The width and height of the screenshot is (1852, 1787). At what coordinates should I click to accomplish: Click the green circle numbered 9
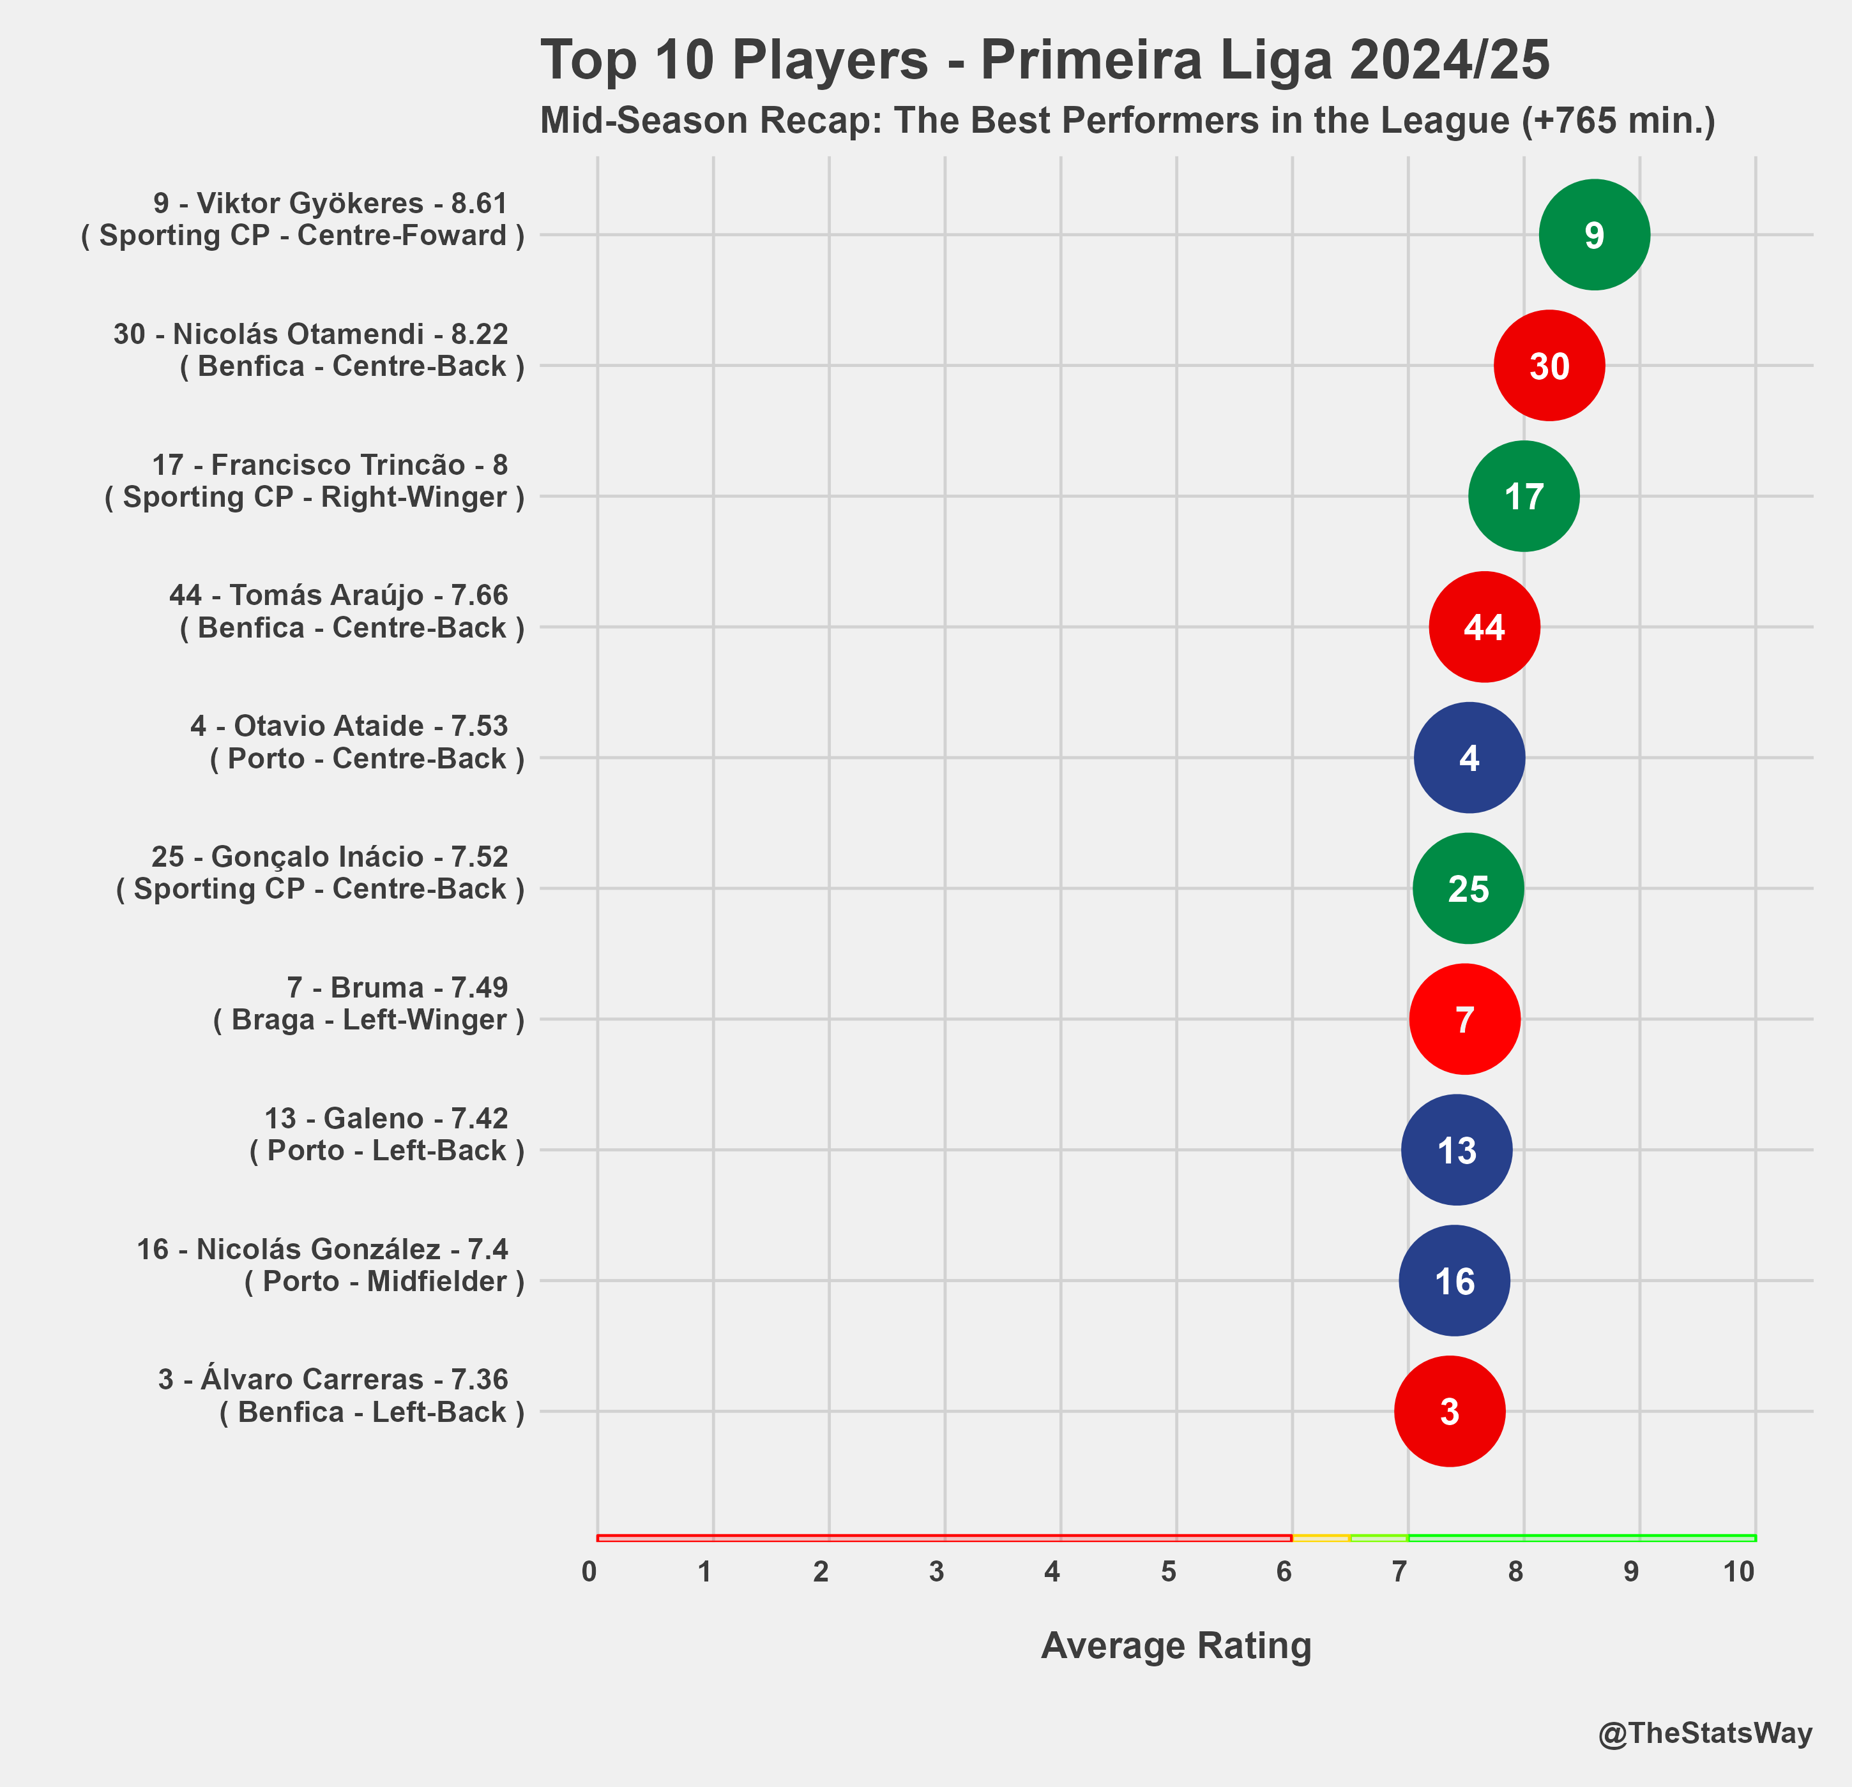(1594, 235)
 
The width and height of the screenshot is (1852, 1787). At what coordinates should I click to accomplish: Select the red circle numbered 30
(1549, 366)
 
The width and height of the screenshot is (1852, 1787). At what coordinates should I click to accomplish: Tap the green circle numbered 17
(1523, 496)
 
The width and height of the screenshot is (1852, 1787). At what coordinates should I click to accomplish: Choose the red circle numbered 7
(1464, 1019)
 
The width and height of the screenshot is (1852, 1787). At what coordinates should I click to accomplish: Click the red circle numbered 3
(1450, 1411)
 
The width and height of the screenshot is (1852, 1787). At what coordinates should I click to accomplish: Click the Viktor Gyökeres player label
(302, 219)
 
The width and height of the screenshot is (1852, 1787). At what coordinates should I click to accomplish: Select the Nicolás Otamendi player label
(319, 350)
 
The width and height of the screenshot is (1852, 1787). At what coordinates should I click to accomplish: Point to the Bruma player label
(368, 1003)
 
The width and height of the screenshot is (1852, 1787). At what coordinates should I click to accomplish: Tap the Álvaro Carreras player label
(341, 1395)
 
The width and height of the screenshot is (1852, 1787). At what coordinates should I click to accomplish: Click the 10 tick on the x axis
(1738, 1572)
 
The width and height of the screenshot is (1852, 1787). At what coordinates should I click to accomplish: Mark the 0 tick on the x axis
(589, 1572)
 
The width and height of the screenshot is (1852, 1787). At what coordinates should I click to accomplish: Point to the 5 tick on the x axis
(1169, 1572)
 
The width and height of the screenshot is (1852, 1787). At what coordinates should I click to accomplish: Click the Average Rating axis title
(1176, 1645)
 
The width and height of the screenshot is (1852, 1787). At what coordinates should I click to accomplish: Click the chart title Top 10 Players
(1044, 61)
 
